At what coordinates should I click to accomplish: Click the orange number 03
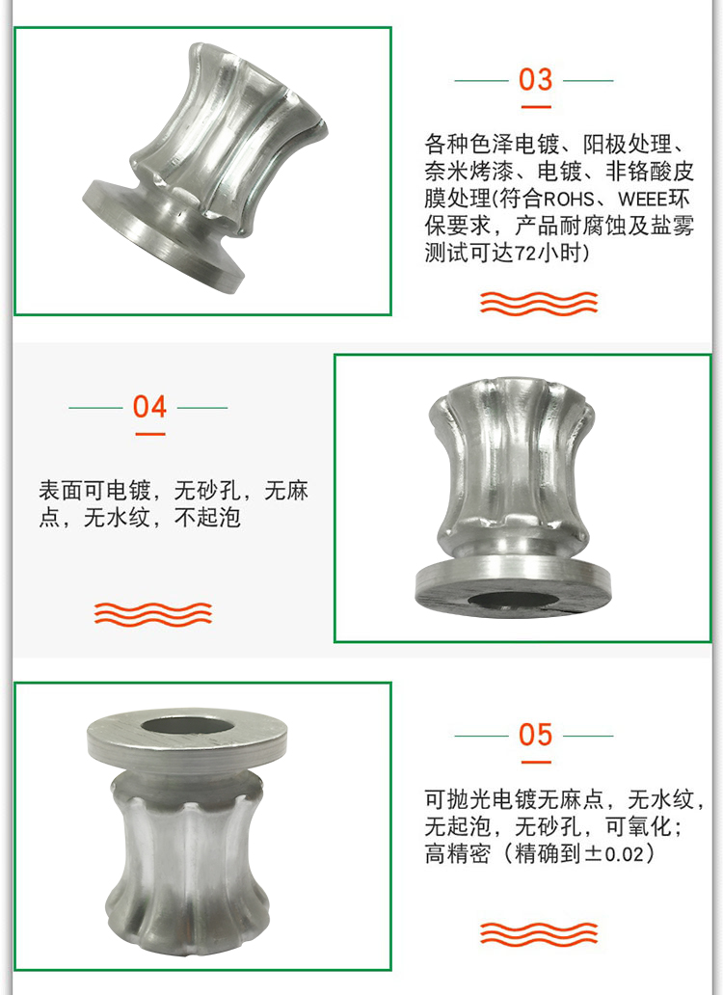(x=535, y=79)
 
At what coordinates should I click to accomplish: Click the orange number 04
(x=149, y=407)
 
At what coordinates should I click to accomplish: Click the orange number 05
(x=535, y=735)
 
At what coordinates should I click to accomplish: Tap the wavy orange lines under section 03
(x=539, y=304)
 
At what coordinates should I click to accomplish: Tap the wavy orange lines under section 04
(x=153, y=614)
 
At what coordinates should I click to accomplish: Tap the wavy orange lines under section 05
(x=539, y=933)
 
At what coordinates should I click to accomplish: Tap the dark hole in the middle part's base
(x=513, y=600)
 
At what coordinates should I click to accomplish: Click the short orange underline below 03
(x=535, y=107)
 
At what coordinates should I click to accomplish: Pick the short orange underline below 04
(x=149, y=434)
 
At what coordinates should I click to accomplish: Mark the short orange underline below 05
(x=535, y=762)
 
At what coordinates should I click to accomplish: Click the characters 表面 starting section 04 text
(x=61, y=491)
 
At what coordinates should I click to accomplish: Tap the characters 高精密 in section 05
(x=458, y=853)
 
